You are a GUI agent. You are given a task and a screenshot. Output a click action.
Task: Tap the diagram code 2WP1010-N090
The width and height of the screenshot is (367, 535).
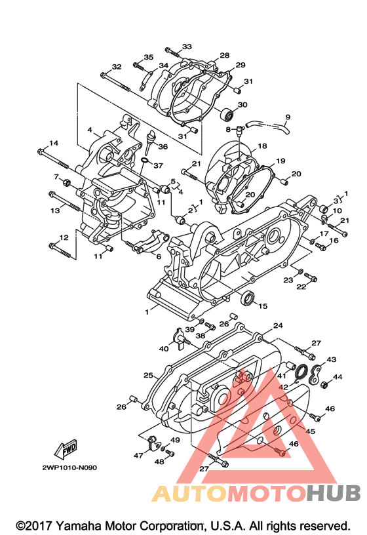coord(69,467)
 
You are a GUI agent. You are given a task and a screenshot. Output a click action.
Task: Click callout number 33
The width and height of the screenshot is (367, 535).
coord(187,47)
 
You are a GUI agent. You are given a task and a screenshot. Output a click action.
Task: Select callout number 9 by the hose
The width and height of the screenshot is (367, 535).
coord(288,117)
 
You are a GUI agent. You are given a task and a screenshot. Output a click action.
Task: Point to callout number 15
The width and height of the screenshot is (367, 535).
coord(263,306)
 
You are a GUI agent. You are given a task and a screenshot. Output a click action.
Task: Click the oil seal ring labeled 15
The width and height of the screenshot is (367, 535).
coord(247,298)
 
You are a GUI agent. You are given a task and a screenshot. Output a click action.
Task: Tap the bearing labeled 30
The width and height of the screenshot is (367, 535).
coord(227,115)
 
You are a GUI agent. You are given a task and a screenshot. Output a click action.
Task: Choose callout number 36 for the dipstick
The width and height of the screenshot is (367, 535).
coord(163,146)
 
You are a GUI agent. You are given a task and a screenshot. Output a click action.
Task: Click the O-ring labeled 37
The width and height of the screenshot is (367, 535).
coord(145,160)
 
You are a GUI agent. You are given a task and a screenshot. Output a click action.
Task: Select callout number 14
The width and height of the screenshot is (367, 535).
coord(54,143)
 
